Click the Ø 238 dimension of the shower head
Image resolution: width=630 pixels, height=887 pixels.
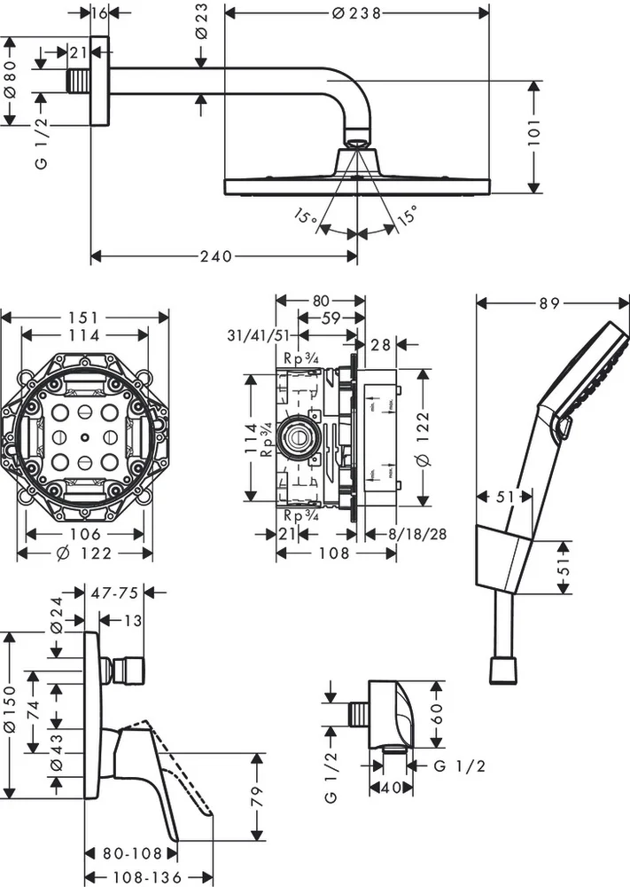[356, 12]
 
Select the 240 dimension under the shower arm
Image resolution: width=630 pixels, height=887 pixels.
[215, 256]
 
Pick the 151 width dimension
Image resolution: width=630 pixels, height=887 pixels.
[85, 317]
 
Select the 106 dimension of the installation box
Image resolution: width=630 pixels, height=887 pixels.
[85, 534]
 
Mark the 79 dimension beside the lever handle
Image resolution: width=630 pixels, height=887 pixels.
[258, 796]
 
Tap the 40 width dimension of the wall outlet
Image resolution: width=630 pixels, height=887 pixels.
[390, 789]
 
